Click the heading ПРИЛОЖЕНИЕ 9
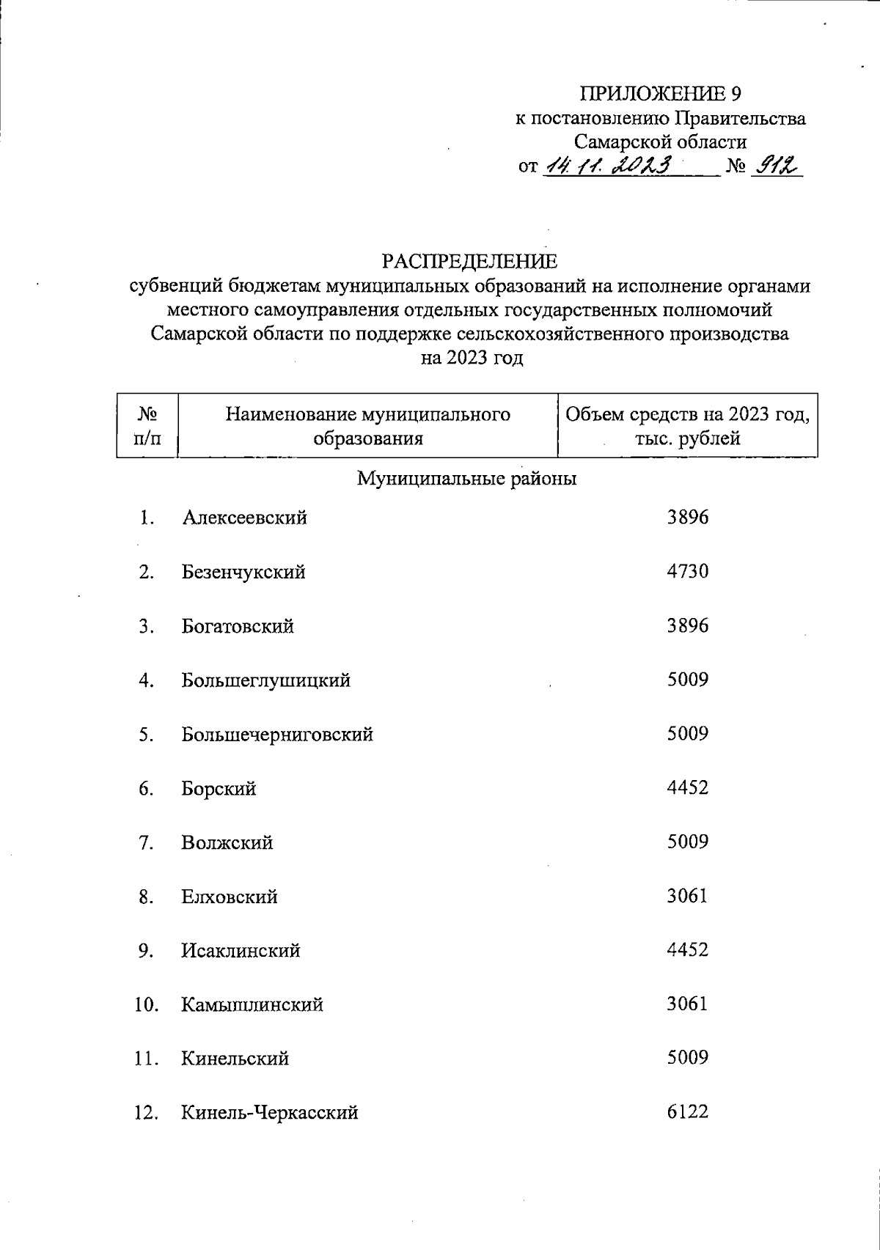point(661,94)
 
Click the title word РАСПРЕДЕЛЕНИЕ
point(469,261)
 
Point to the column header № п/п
point(147,426)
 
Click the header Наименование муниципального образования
point(367,426)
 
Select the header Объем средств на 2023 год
point(687,426)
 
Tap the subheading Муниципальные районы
point(466,479)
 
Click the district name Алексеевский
point(244,518)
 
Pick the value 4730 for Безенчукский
point(687,571)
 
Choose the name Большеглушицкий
point(265,680)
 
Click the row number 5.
point(146,735)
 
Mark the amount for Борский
point(687,788)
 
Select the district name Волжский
point(227,842)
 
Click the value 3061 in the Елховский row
point(687,896)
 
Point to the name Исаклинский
point(241,951)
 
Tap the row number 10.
point(146,1004)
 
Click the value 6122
point(687,1111)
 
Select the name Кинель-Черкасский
point(270,1113)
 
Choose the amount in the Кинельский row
point(687,1058)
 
